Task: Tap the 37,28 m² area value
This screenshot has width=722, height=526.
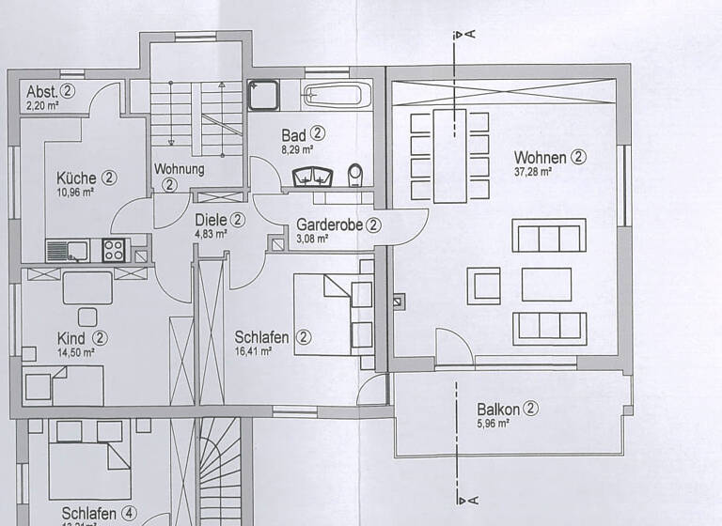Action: (532, 173)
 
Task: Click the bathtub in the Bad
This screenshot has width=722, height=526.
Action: (336, 94)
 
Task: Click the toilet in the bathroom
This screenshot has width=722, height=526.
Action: (355, 175)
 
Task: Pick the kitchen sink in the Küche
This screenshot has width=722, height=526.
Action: (67, 251)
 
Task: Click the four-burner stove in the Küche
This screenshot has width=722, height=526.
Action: (114, 250)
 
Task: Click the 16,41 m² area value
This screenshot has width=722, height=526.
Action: (253, 351)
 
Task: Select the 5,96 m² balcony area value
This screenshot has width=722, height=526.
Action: (492, 424)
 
